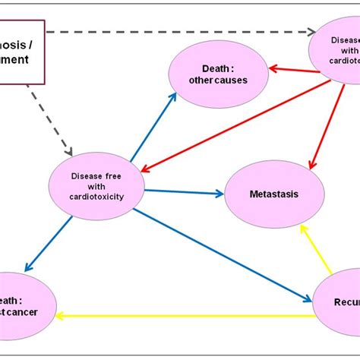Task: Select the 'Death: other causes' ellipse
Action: (x=218, y=74)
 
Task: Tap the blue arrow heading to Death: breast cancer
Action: (x=49, y=243)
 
